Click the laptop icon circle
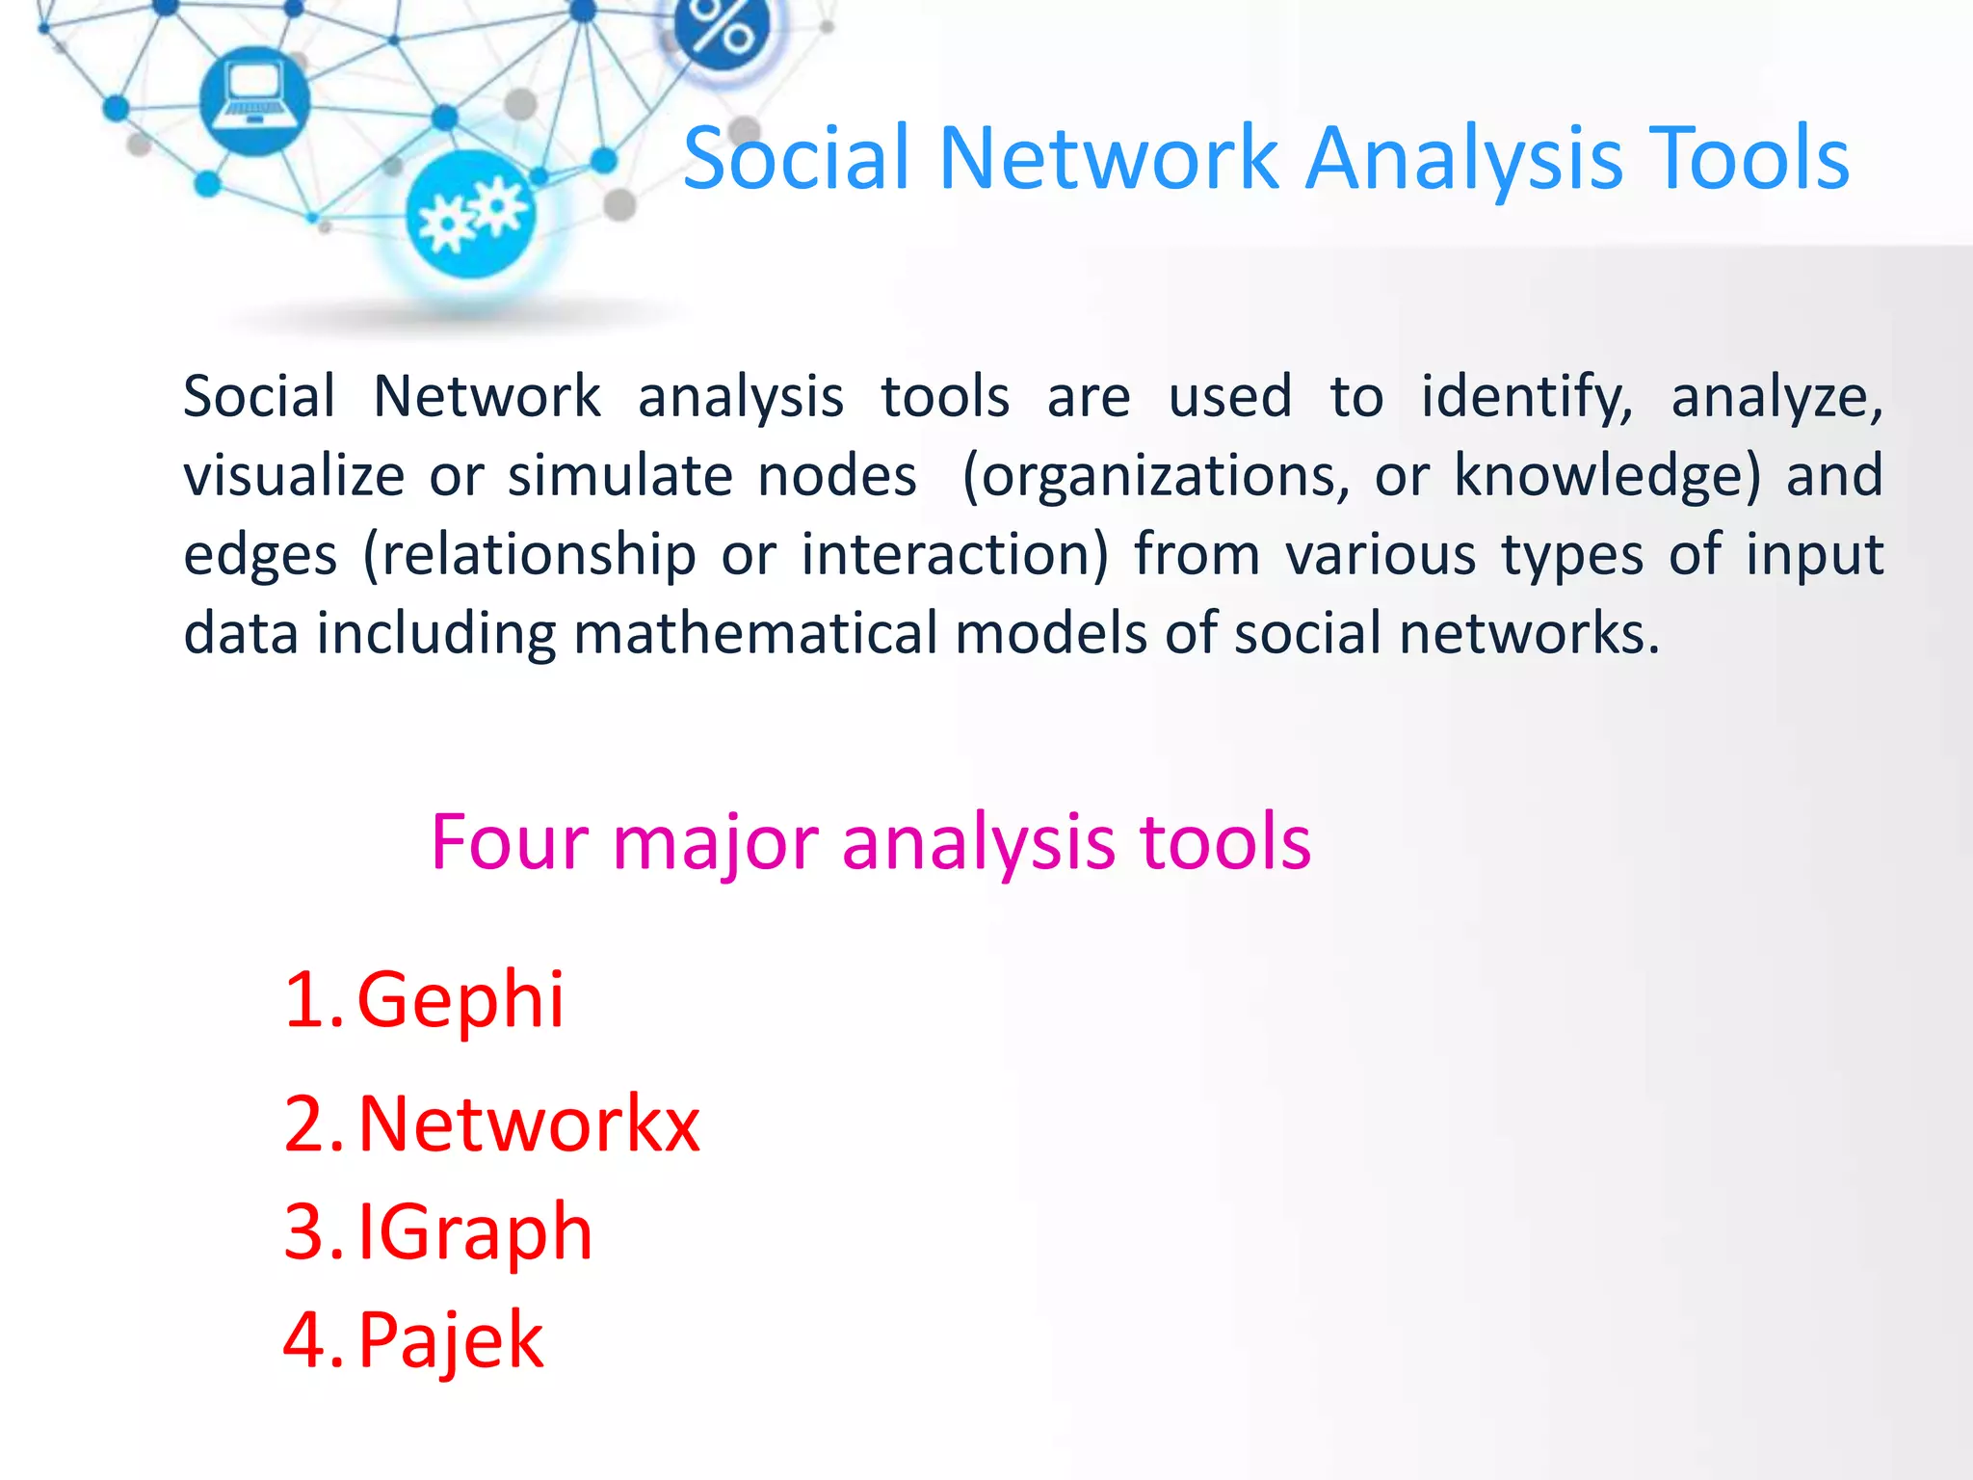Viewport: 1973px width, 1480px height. (x=254, y=99)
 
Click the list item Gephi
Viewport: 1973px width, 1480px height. (x=460, y=1000)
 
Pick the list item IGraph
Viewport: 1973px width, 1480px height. (x=475, y=1232)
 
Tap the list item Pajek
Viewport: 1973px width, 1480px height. (x=451, y=1340)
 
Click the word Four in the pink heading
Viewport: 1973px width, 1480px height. (x=509, y=842)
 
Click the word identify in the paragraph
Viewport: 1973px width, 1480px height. (x=1526, y=397)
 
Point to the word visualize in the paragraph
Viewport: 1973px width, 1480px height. (x=294, y=476)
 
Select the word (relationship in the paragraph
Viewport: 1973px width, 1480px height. (x=529, y=555)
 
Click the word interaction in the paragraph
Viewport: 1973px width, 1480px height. (x=955, y=555)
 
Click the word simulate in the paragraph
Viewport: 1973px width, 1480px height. (x=620, y=476)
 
